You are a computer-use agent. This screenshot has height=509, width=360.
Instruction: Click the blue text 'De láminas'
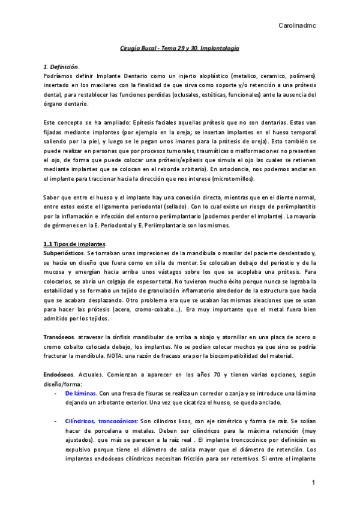click(80, 392)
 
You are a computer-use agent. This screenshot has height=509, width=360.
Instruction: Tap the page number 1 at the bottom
click(313, 483)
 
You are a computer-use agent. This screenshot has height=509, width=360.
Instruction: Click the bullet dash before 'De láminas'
click(56, 392)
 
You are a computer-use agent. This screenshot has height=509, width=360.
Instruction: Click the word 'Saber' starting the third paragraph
click(53, 197)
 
